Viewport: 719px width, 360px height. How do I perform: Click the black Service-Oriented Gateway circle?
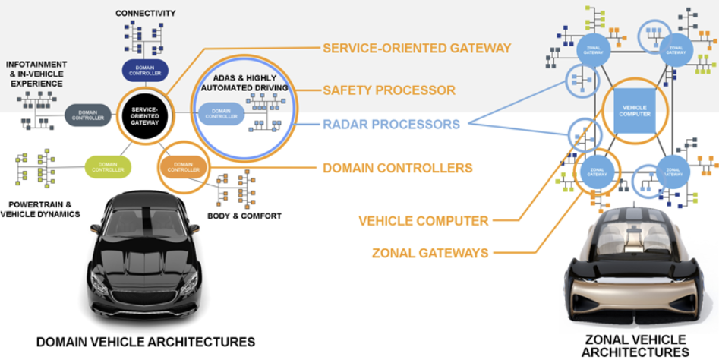pyautogui.click(x=144, y=115)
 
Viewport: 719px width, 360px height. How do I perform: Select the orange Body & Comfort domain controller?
pyautogui.click(x=183, y=166)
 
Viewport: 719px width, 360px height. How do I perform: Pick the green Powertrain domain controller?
pyautogui.click(x=108, y=166)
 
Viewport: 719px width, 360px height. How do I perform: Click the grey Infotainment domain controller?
pyautogui.click(x=88, y=115)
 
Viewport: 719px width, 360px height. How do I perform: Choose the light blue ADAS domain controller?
pyautogui.click(x=220, y=115)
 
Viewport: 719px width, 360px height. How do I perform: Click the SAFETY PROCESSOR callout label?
pyautogui.click(x=389, y=90)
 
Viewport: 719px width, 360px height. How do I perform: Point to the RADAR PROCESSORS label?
pyautogui.click(x=391, y=124)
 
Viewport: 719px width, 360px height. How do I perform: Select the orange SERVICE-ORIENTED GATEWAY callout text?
pyautogui.click(x=417, y=48)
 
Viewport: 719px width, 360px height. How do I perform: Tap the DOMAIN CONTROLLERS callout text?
pyautogui.click(x=398, y=167)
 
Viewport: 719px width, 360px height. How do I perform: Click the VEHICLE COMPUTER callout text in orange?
pyautogui.click(x=424, y=221)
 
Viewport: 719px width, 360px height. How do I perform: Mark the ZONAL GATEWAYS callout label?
pyautogui.click(x=430, y=253)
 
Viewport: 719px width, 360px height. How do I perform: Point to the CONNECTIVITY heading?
pyautogui.click(x=146, y=14)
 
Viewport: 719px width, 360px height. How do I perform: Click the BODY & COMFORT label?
pyautogui.click(x=244, y=216)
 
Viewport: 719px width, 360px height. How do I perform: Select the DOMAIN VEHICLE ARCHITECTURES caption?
pyautogui.click(x=146, y=341)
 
